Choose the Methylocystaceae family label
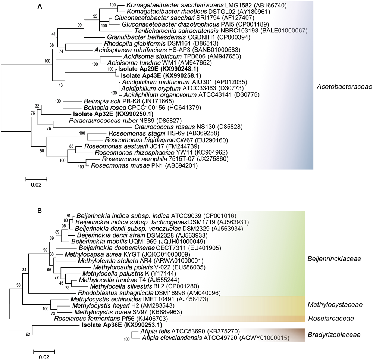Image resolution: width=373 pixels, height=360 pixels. coord(335,305)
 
